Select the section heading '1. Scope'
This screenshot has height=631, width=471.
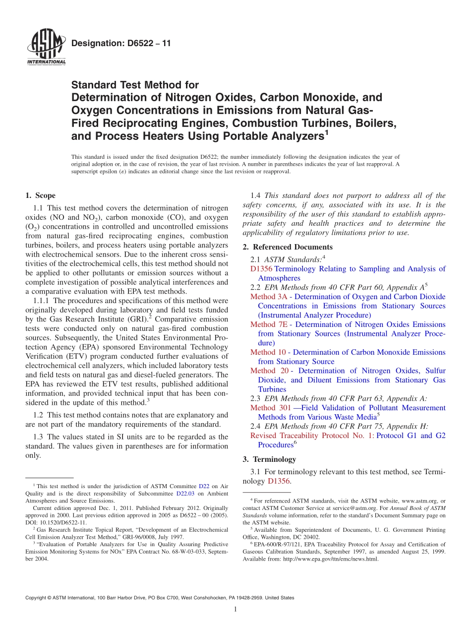click(x=41, y=195)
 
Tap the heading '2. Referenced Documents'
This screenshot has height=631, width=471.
click(x=288, y=247)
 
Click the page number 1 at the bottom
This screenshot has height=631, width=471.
click(x=235, y=610)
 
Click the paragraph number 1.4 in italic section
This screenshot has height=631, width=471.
click(x=256, y=195)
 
